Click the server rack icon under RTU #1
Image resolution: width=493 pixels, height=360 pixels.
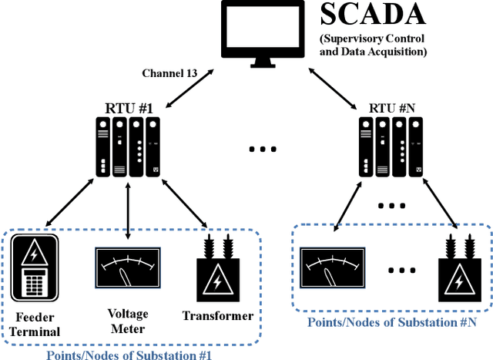[x=129, y=147]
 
